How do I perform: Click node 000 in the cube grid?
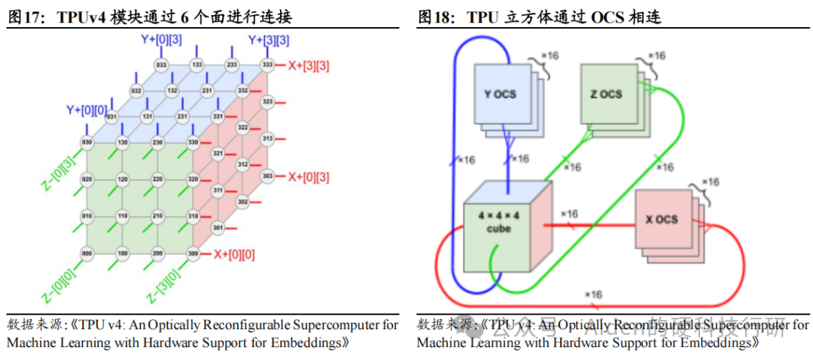tap(86, 254)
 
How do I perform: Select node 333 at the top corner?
tap(266, 66)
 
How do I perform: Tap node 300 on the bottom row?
tap(193, 254)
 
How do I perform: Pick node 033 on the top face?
tap(160, 66)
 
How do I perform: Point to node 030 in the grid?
tap(86, 143)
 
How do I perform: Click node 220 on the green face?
tap(157, 180)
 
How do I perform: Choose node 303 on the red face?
tap(266, 175)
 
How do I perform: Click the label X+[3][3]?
tap(309, 66)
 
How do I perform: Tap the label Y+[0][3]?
tap(160, 39)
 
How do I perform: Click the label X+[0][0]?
tap(234, 254)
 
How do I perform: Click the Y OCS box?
tap(499, 94)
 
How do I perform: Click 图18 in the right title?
tap(436, 17)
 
